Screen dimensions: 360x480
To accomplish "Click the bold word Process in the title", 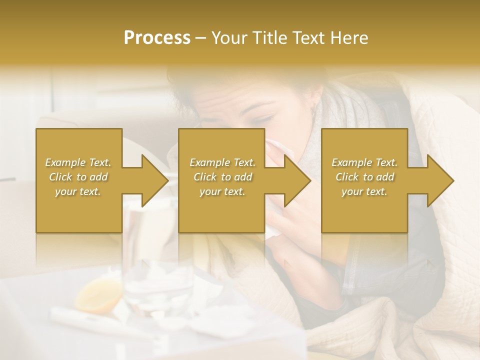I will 157,38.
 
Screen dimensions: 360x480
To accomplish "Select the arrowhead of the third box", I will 440,180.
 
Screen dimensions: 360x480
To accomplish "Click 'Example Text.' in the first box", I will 78,162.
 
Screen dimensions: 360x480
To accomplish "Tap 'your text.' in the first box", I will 78,191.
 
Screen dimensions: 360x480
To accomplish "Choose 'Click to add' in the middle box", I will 222,177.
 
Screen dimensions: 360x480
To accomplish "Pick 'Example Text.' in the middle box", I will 222,162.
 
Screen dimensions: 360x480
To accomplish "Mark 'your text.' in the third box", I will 364,191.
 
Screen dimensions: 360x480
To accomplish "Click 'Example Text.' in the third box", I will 364,162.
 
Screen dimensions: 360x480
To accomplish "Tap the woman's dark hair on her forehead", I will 195,95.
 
